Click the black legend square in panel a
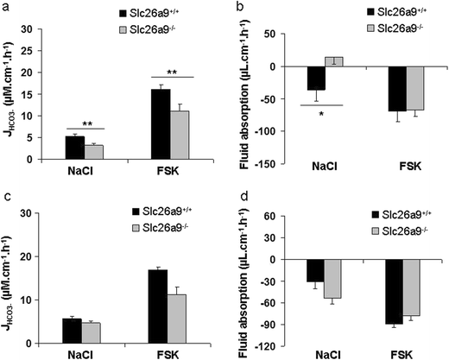click(x=123, y=15)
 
